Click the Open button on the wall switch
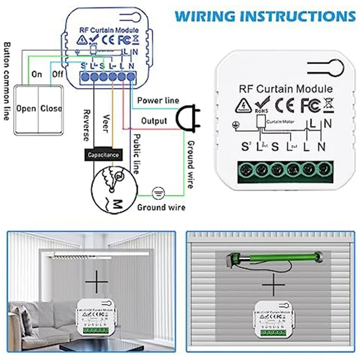tap(26, 108)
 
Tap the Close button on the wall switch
tap(51, 108)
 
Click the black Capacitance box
tap(103, 155)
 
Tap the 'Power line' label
tap(158, 100)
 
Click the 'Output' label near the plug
tap(154, 121)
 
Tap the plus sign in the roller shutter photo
tap(271, 286)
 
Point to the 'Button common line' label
tap(6, 81)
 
